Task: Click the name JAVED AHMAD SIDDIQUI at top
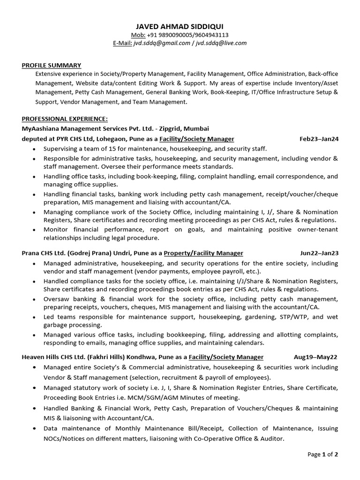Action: click(180, 26)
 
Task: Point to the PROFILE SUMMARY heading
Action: click(52, 65)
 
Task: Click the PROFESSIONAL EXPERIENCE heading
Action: click(65, 119)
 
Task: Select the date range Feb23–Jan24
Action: click(319, 139)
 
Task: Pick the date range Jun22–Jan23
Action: click(319, 253)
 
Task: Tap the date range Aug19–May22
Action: click(315, 357)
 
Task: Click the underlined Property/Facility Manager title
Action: click(203, 253)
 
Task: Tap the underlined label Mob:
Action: click(138, 35)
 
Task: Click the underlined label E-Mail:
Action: click(122, 43)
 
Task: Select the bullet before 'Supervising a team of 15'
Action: click(34, 149)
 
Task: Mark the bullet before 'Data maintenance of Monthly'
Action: click(34, 429)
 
